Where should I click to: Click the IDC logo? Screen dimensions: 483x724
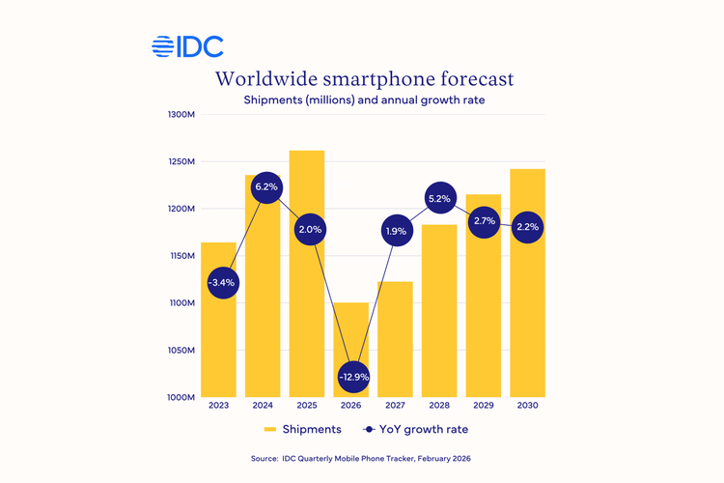[187, 46]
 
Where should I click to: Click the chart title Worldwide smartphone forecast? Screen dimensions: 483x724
[364, 78]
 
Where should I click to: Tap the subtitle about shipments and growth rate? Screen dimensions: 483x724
[364, 100]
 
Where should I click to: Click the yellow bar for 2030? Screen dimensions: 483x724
[528, 309]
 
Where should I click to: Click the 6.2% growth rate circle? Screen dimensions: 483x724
[266, 187]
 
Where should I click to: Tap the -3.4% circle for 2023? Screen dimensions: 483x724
[222, 283]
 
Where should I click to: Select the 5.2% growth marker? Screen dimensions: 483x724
[439, 199]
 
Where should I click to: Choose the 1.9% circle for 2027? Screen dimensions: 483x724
[396, 232]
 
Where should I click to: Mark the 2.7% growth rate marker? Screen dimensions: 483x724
[484, 221]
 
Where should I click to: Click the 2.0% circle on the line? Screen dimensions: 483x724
[310, 230]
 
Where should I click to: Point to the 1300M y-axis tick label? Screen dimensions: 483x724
[181, 115]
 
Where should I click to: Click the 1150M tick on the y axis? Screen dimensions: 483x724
[181, 256]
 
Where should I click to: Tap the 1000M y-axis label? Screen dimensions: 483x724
[181, 397]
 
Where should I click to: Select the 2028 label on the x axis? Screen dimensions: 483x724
[439, 407]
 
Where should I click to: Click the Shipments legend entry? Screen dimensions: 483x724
[301, 429]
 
